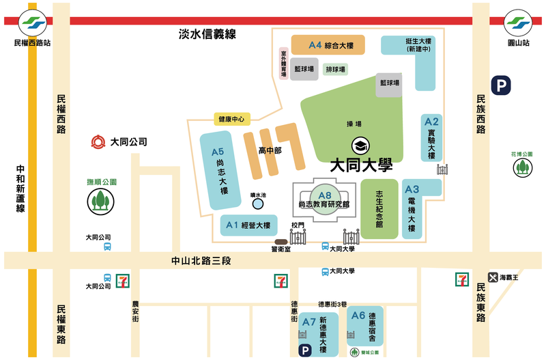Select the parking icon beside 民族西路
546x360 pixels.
point(503,86)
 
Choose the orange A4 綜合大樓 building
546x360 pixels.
point(328,44)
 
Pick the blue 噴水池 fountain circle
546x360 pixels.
point(258,204)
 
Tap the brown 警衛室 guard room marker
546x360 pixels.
point(281,241)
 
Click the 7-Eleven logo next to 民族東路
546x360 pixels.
point(463,279)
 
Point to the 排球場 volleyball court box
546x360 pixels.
point(334,70)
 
